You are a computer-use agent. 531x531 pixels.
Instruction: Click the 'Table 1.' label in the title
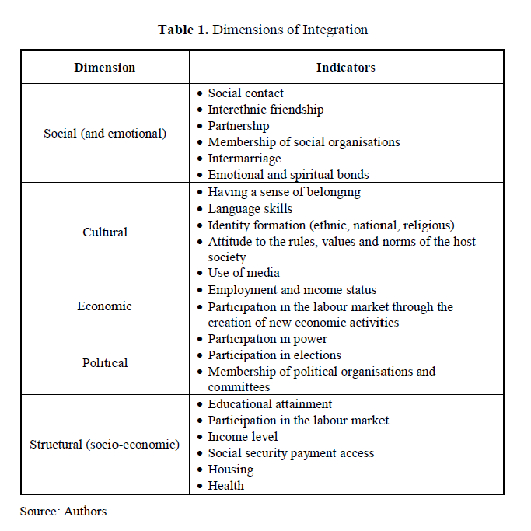183,30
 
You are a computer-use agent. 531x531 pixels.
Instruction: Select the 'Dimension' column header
105,68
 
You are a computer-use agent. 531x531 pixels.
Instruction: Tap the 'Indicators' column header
345,68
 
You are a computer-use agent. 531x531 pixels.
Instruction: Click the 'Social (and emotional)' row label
105,134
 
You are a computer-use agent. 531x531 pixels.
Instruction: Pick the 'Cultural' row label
105,232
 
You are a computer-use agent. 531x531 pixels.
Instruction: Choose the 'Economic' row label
105,306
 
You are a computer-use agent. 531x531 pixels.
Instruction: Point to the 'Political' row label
105,362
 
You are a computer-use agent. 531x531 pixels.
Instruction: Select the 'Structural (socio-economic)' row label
105,445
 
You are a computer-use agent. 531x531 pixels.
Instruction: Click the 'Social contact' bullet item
246,93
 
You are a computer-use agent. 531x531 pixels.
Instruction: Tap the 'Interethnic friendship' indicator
265,110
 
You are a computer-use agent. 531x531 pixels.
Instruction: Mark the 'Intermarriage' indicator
244,159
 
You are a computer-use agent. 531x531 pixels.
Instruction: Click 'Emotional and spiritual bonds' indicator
288,175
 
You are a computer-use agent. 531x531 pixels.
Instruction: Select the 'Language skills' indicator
250,208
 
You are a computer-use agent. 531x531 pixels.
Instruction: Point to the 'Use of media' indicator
243,273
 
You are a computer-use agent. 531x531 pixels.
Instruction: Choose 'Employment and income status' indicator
292,290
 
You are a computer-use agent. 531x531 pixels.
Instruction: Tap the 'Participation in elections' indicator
275,355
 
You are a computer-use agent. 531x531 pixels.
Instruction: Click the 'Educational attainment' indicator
270,404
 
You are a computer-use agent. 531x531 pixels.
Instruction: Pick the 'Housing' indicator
230,470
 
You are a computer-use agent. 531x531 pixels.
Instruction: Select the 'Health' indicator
225,486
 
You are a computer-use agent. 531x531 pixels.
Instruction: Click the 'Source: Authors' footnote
63,511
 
